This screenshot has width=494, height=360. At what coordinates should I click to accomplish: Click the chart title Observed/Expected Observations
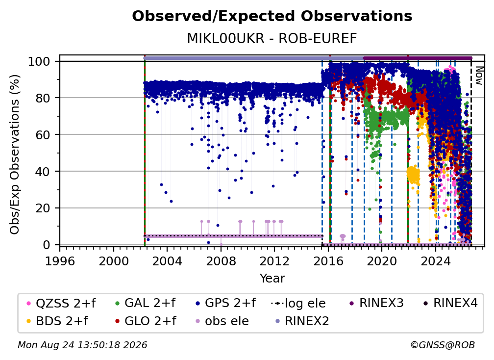tap(272, 16)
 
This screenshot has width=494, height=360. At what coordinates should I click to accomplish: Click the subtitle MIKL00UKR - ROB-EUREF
tap(272, 39)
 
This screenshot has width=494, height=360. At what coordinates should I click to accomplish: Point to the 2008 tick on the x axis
tap(221, 261)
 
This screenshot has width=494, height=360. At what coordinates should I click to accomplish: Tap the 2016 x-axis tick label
tap(328, 261)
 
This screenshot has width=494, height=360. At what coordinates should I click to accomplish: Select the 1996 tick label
tap(60, 261)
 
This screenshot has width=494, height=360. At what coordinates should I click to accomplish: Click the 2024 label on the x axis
tap(435, 261)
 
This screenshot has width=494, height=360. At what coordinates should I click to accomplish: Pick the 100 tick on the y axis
tap(39, 61)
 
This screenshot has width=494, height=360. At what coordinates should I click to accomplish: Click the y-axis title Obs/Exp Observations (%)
tap(15, 154)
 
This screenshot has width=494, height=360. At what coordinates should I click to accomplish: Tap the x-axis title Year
tap(272, 279)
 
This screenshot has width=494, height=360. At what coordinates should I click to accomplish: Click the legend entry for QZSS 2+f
tap(61, 303)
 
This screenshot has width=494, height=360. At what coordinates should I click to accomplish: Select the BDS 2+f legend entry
tap(57, 321)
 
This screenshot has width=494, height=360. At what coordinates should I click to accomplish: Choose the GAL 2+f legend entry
tap(146, 303)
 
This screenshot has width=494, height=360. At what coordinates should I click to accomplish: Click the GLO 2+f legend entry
tap(146, 321)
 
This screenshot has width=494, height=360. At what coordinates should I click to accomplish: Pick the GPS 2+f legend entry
tap(225, 303)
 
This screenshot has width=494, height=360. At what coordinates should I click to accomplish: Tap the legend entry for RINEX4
tap(450, 303)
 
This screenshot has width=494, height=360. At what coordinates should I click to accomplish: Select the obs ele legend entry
tap(221, 321)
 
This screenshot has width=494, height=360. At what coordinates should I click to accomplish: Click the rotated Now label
tap(479, 76)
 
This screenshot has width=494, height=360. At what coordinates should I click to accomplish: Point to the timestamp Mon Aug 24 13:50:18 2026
tap(82, 345)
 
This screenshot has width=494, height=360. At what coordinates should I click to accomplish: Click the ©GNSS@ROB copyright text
tap(443, 345)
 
